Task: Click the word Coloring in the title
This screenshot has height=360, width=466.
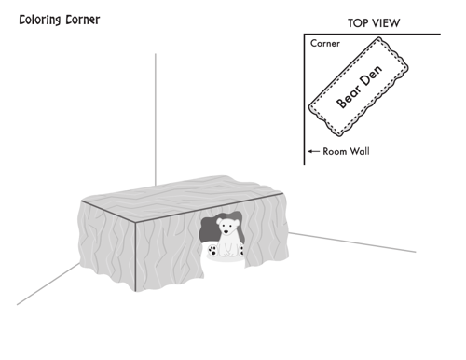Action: (x=40, y=21)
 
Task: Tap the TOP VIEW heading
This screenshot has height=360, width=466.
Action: (x=374, y=23)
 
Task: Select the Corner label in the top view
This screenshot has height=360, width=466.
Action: (x=325, y=43)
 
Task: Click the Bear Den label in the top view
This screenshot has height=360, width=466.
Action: (x=360, y=87)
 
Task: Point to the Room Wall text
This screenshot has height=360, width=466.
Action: (x=346, y=151)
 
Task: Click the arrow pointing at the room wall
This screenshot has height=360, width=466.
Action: (x=313, y=151)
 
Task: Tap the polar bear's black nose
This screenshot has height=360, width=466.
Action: (x=226, y=231)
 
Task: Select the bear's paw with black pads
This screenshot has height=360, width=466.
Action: (x=212, y=250)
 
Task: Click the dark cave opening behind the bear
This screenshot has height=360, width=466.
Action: (x=209, y=230)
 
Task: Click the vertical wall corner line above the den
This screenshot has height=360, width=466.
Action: (x=156, y=119)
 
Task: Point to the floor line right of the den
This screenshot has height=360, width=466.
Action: (x=352, y=242)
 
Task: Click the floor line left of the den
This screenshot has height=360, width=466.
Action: (x=48, y=284)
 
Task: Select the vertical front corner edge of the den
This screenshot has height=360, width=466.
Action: (x=135, y=256)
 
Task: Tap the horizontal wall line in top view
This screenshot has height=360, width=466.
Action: (x=372, y=34)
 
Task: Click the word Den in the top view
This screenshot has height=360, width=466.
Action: (x=372, y=76)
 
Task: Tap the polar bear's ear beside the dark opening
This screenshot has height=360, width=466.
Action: (x=219, y=220)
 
